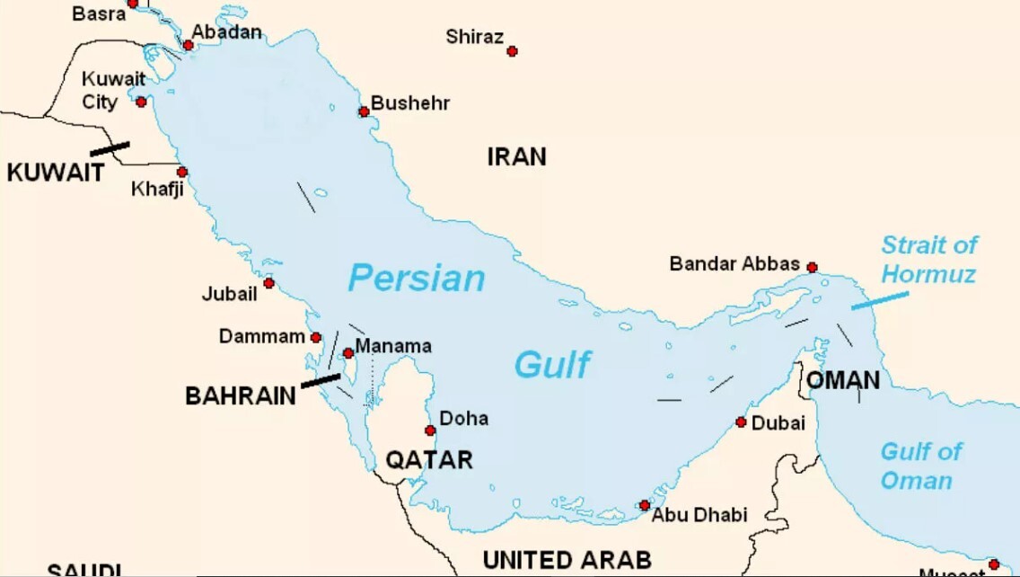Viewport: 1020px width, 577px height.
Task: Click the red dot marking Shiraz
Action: point(512,51)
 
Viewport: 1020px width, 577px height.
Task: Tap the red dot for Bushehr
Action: point(364,111)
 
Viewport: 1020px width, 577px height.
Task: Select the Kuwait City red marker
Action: point(141,102)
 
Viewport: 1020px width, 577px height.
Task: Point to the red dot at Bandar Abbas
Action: point(812,267)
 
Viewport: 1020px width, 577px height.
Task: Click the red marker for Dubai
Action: point(741,422)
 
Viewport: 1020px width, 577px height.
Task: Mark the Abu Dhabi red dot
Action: point(644,505)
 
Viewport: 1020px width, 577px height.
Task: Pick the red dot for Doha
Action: point(430,431)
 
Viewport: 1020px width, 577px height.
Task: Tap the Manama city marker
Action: point(348,353)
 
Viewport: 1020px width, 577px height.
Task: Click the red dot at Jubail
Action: point(268,283)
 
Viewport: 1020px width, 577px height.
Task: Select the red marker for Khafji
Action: point(181,172)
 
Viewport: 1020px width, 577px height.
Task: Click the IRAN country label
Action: point(516,156)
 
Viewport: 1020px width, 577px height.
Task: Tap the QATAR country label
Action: point(429,460)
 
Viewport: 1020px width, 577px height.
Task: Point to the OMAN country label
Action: point(843,380)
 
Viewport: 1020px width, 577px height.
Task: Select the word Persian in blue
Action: point(417,279)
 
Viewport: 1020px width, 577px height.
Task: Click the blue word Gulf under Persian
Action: point(552,365)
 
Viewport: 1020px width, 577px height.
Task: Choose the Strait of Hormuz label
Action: point(928,259)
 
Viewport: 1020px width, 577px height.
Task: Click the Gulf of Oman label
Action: point(920,466)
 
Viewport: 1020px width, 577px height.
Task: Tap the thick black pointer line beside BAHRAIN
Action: point(321,381)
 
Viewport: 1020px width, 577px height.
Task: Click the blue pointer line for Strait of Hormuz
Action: point(879,300)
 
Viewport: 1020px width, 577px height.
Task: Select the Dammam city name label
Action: point(262,337)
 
